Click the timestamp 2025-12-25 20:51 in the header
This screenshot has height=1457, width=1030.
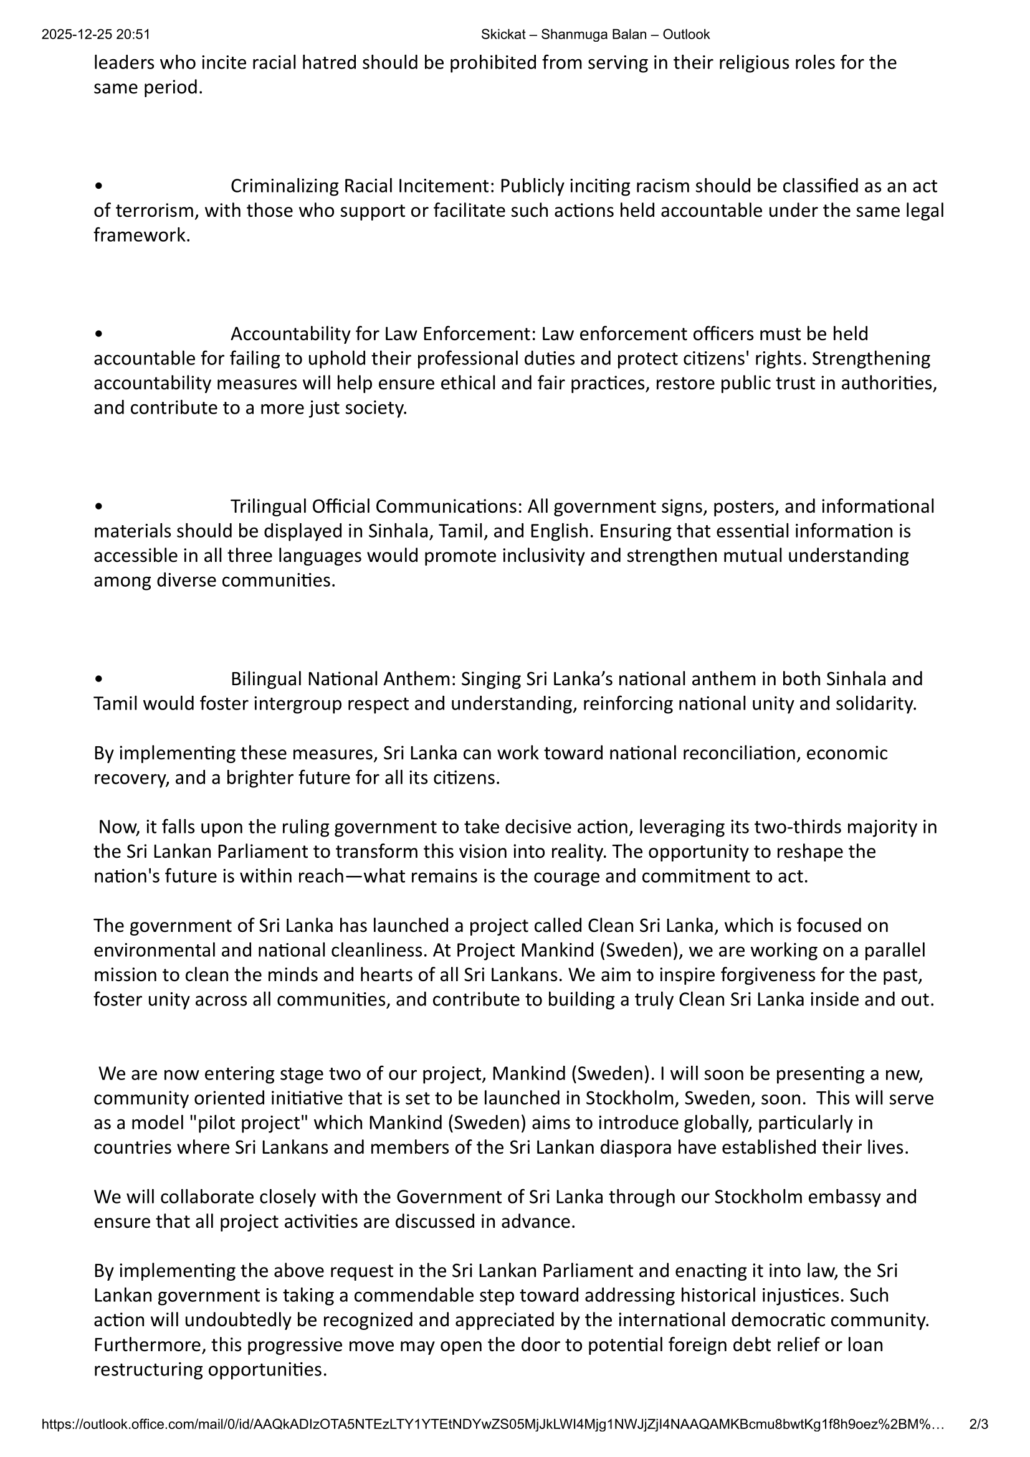point(96,35)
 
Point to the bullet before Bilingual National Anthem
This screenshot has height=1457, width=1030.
point(98,680)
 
